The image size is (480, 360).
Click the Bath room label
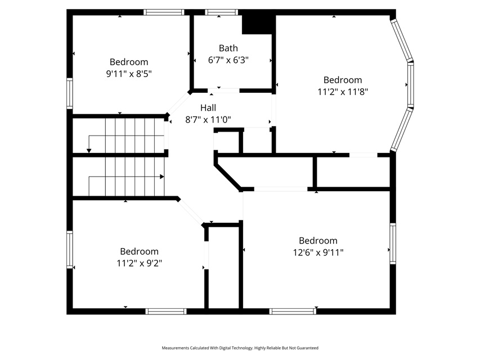[228, 48]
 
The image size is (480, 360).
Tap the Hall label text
[208, 108]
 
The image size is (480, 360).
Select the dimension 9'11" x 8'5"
[129, 74]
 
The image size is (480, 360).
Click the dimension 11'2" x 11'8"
[343, 92]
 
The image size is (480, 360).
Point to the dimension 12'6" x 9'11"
[318, 253]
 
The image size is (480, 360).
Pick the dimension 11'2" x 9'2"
[140, 263]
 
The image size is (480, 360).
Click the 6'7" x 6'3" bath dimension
[228, 60]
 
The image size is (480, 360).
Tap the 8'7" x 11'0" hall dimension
[208, 120]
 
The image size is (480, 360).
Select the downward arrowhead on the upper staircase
[89, 151]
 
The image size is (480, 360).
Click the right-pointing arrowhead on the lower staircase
[162, 177]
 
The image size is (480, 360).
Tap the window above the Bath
[221, 12]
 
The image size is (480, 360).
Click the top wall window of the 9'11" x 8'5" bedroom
[164, 12]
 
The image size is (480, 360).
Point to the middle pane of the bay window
[411, 85]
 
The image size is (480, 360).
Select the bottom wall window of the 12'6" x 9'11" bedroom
[293, 311]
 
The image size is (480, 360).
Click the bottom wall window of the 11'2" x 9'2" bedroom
[166, 311]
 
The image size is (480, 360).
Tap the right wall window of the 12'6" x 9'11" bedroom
[393, 244]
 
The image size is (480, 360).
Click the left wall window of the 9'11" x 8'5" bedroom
[70, 93]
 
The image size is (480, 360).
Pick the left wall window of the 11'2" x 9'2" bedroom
[70, 250]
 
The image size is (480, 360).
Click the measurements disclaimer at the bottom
[240, 348]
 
